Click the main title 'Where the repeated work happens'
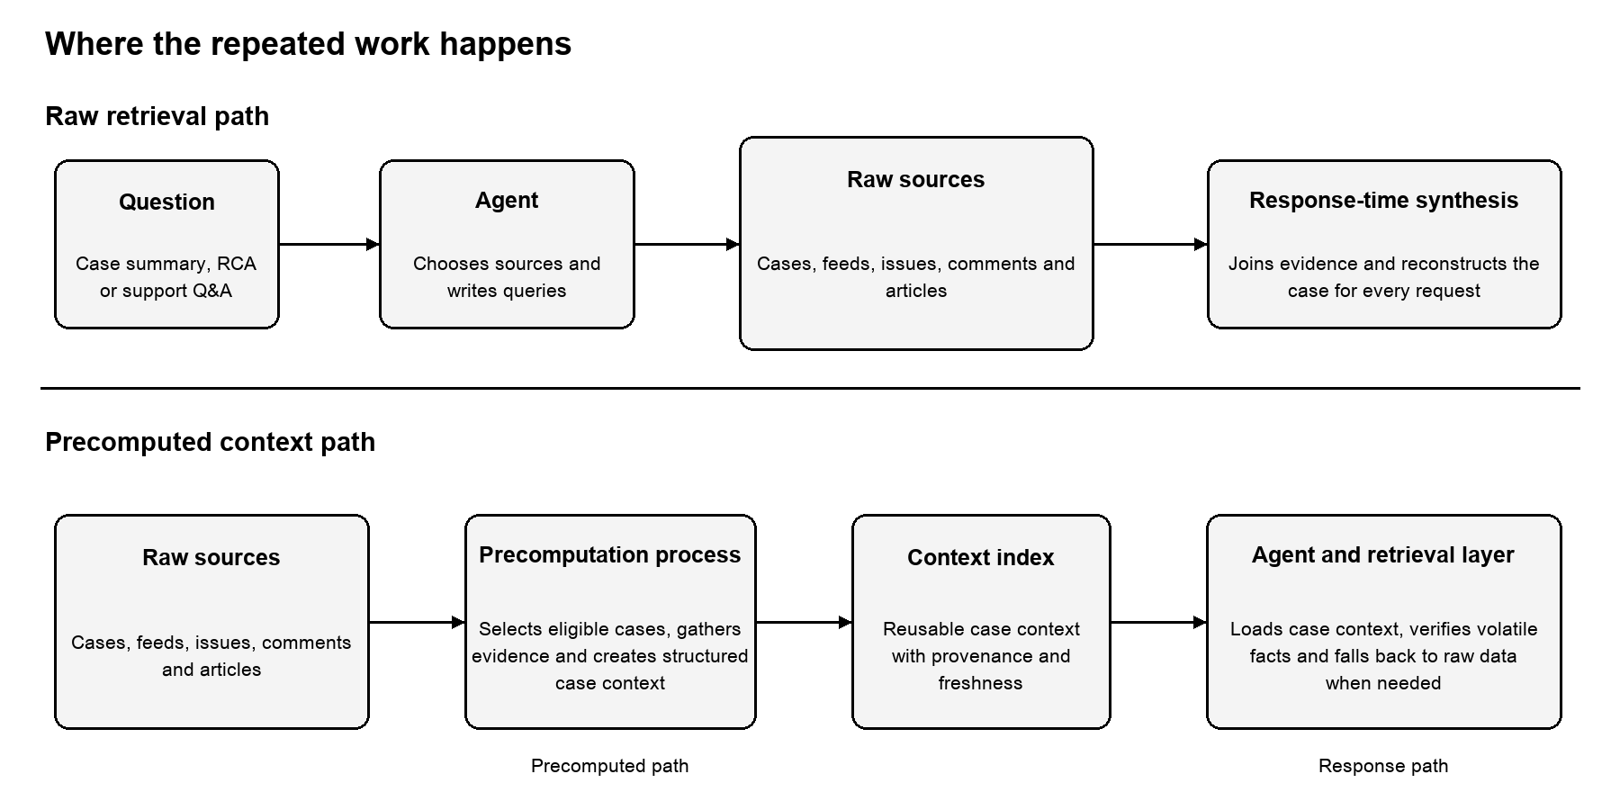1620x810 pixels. [x=308, y=44]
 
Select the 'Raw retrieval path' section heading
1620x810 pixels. [x=157, y=116]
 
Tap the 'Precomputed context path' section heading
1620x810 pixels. [x=210, y=442]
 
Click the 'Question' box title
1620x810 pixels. [x=166, y=202]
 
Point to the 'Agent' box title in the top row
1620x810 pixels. [x=507, y=201]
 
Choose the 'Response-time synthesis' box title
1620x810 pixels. [x=1383, y=201]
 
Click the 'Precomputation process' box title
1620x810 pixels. [x=610, y=554]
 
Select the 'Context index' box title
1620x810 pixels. [x=980, y=557]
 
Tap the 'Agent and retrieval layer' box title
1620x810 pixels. [x=1382, y=555]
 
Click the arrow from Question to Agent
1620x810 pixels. [x=329, y=244]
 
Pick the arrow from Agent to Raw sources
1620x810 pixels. [x=687, y=244]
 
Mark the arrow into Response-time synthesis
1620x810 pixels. [x=1150, y=244]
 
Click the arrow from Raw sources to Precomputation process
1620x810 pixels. [x=417, y=622]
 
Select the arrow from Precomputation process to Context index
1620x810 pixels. [x=804, y=622]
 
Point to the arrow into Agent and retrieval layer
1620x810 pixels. [x=1158, y=622]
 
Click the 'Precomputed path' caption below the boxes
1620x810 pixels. [x=609, y=766]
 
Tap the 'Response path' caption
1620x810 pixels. [x=1383, y=766]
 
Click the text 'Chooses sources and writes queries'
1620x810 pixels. [x=507, y=277]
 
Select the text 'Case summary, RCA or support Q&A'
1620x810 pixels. [x=166, y=277]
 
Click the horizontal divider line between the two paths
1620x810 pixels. [x=810, y=388]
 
